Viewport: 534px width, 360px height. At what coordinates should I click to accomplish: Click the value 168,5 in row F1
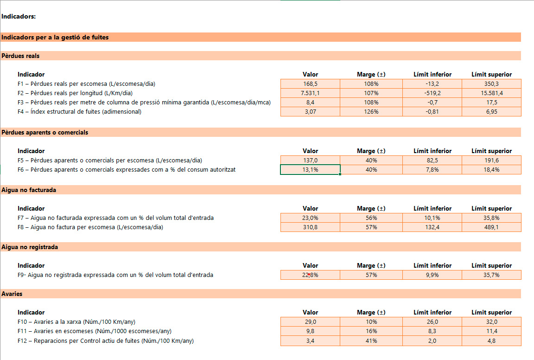[x=310, y=84]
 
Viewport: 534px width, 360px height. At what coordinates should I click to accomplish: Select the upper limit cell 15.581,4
[x=491, y=93]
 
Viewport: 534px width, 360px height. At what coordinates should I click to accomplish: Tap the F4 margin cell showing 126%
[x=371, y=112]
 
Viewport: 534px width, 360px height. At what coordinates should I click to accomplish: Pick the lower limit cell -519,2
[x=432, y=93]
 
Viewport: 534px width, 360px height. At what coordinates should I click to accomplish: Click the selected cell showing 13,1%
[x=310, y=170]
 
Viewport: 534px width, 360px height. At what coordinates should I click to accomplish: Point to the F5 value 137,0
[x=310, y=161]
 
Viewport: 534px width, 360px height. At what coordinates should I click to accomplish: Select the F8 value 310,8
[x=310, y=227]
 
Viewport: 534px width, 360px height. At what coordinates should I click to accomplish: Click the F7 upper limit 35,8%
[x=491, y=218]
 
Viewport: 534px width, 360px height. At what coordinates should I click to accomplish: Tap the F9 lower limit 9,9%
[x=432, y=275]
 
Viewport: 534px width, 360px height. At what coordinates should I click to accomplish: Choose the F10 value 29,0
[x=310, y=322]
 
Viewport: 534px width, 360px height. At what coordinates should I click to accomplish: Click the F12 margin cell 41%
[x=371, y=341]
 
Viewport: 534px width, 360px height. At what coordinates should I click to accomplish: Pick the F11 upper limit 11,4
[x=491, y=331]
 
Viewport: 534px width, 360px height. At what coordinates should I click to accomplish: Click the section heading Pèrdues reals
[x=20, y=56]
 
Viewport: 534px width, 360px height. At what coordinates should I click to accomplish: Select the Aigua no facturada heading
[x=29, y=190]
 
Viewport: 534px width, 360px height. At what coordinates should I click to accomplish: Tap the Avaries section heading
[x=12, y=294]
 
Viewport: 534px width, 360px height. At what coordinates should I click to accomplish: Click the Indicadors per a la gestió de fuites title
[x=55, y=37]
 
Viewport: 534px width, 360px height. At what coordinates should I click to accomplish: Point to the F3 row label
[x=144, y=103]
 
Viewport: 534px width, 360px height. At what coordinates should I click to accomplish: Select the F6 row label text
[x=126, y=170]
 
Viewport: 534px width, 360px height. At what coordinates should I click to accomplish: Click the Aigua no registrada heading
[x=30, y=247]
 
